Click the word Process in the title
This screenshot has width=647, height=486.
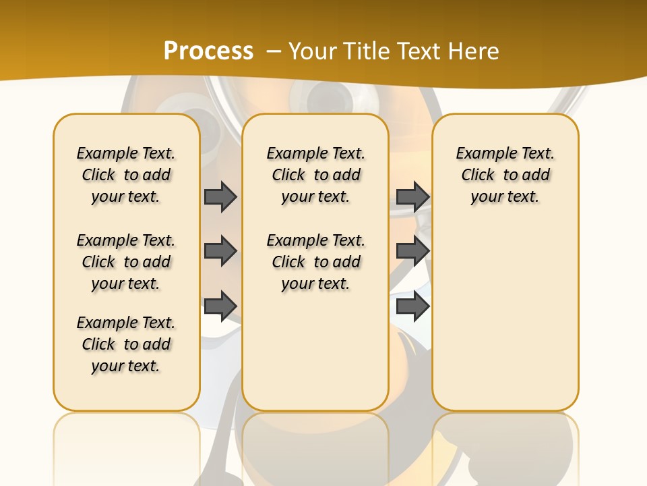(x=208, y=51)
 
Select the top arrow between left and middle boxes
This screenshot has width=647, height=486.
(x=220, y=196)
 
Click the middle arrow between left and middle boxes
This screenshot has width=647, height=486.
(x=220, y=251)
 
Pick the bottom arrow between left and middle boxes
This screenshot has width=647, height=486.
(x=220, y=306)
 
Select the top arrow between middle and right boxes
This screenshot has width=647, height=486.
(x=412, y=196)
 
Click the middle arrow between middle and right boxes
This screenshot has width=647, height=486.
(x=412, y=251)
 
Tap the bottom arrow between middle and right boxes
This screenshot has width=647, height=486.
(x=412, y=306)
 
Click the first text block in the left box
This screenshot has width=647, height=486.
(x=126, y=175)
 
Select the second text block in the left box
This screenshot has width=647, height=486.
(x=126, y=262)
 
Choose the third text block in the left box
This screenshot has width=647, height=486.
(x=126, y=344)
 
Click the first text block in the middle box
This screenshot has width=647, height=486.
(x=315, y=175)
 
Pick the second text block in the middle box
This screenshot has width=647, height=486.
(x=315, y=262)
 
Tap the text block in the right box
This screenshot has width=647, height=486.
(x=505, y=175)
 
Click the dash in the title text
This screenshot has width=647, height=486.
(x=274, y=51)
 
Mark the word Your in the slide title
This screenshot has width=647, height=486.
(x=314, y=51)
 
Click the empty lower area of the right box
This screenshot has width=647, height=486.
(x=505, y=317)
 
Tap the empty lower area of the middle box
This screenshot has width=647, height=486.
(x=315, y=351)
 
